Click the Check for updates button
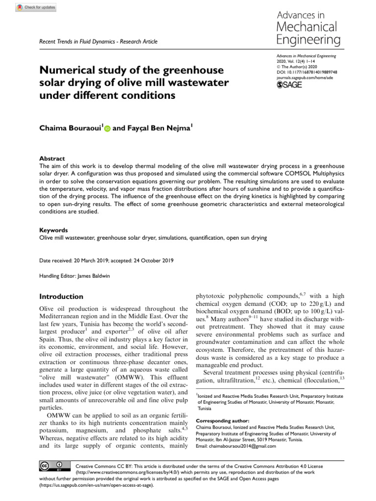(36, 7)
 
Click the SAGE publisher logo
(289, 85)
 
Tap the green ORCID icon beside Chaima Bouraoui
(107, 128)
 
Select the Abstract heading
(52, 159)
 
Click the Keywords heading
(53, 230)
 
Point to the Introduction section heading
(61, 296)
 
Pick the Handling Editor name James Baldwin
(94, 276)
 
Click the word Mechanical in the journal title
(306, 26)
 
